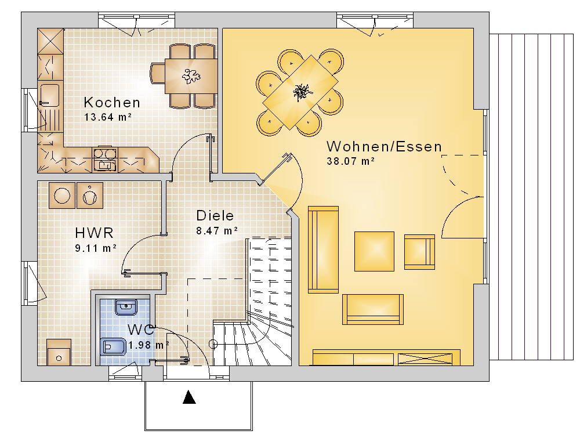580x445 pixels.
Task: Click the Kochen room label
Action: pyautogui.click(x=112, y=103)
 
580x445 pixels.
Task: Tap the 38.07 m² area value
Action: pyautogui.click(x=351, y=161)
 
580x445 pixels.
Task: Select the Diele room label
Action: pyautogui.click(x=215, y=216)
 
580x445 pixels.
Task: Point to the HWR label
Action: pyautogui.click(x=94, y=233)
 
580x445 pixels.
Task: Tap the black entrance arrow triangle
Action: pyautogui.click(x=189, y=397)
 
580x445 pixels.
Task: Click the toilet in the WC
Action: pyautogui.click(x=113, y=346)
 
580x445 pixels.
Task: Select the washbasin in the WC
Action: pyautogui.click(x=126, y=307)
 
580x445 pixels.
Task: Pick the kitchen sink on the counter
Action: pyautogui.click(x=49, y=95)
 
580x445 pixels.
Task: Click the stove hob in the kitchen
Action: pyautogui.click(x=105, y=159)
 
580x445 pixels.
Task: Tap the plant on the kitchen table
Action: pyautogui.click(x=191, y=77)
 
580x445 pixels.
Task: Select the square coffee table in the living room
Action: pyautogui.click(x=374, y=252)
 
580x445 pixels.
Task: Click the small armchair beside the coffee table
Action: pyautogui.click(x=419, y=252)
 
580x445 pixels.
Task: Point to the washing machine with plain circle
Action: pyautogui.click(x=62, y=196)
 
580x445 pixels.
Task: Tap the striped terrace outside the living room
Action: pyautogui.click(x=531, y=197)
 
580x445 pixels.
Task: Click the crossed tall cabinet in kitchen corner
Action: pyautogui.click(x=50, y=41)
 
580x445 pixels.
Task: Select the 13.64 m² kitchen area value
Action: pyautogui.click(x=108, y=117)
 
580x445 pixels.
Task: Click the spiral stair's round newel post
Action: pyautogui.click(x=213, y=344)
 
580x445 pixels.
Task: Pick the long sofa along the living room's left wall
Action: pyautogui.click(x=323, y=249)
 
